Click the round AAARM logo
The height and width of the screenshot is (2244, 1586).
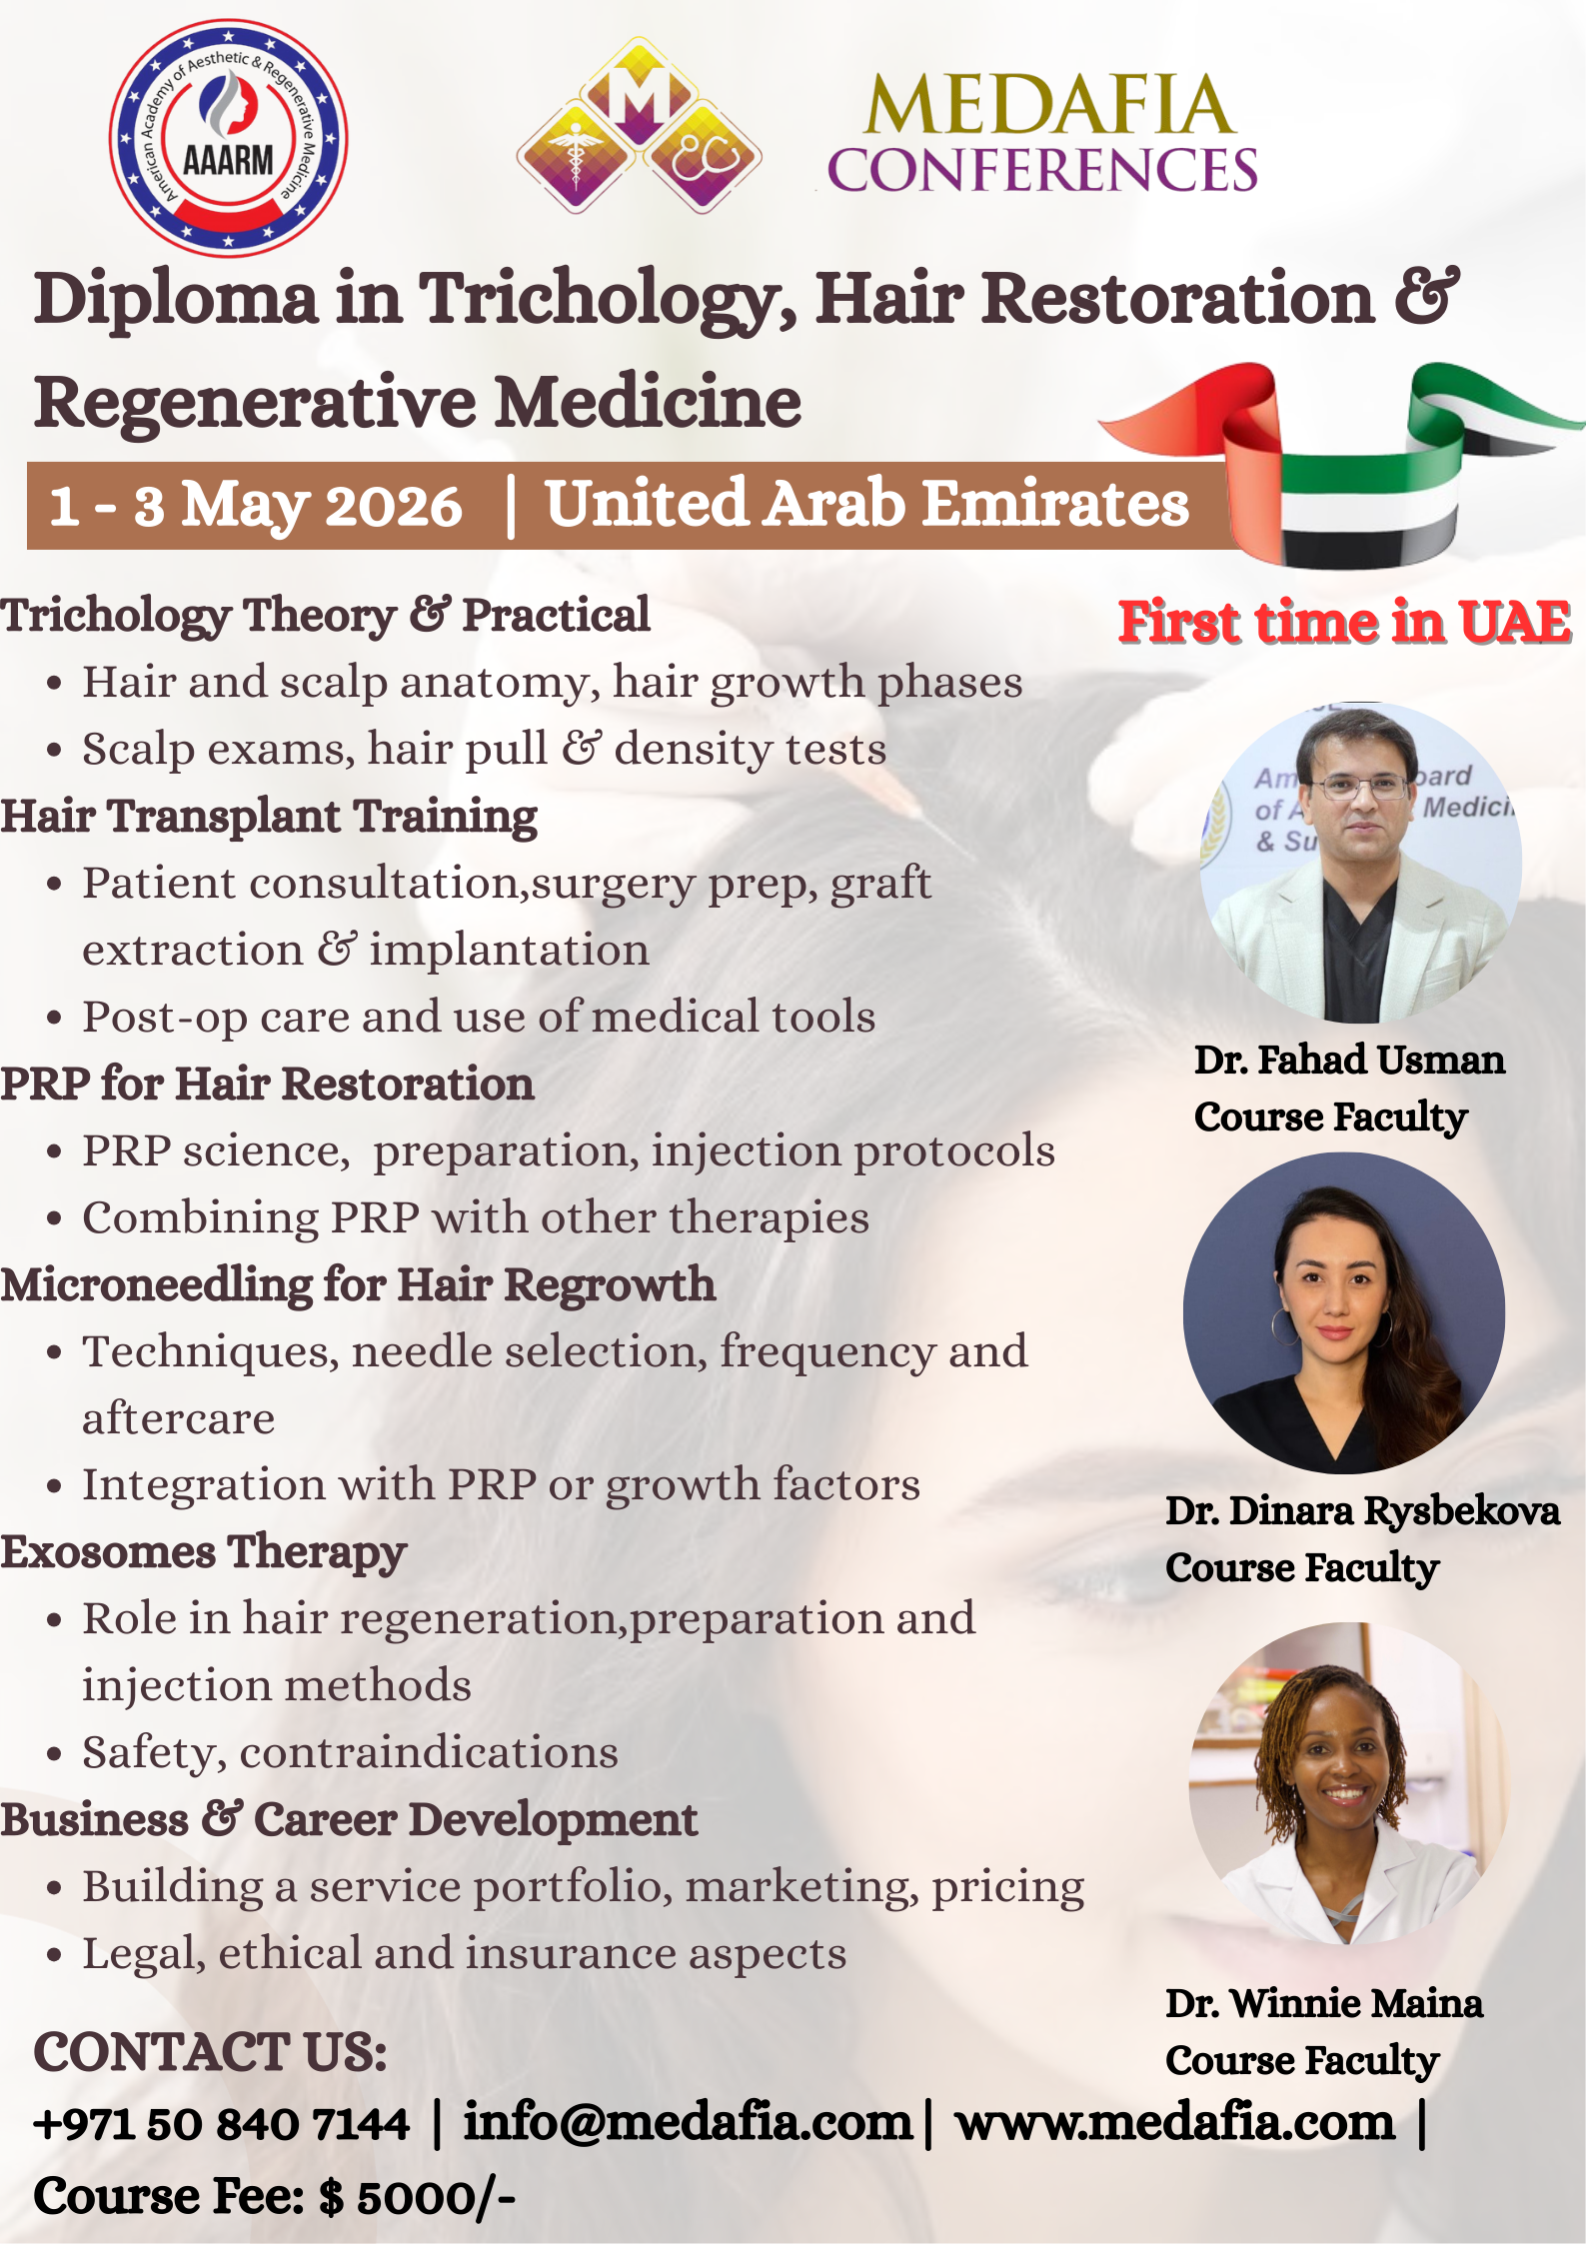click(x=228, y=138)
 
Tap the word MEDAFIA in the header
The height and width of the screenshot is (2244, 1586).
click(x=1049, y=105)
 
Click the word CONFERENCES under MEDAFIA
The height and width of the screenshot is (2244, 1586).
click(x=1042, y=170)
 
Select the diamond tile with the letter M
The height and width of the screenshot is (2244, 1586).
click(x=639, y=92)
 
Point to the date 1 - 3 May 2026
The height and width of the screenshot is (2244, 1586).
click(x=256, y=505)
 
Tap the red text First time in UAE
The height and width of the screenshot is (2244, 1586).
click(x=1344, y=622)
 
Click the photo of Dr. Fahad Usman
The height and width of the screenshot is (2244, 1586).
click(x=1360, y=863)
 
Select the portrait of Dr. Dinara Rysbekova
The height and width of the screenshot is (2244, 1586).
click(x=1344, y=1313)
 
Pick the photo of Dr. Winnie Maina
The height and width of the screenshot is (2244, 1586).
click(x=1348, y=1783)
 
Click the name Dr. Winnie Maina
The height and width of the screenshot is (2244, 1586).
click(x=1324, y=2004)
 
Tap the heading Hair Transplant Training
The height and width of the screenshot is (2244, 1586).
click(x=269, y=818)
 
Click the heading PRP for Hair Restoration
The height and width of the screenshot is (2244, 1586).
click(x=267, y=1085)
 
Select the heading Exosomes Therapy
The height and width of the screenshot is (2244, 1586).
click(x=204, y=1553)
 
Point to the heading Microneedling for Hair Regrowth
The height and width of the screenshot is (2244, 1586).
click(x=358, y=1285)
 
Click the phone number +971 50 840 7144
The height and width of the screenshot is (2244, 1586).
click(x=222, y=2124)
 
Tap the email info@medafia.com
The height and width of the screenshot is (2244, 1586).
click(x=689, y=2122)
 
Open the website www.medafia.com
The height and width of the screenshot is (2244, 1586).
click(x=1175, y=2123)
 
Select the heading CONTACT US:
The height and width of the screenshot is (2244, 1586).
click(x=210, y=2052)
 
